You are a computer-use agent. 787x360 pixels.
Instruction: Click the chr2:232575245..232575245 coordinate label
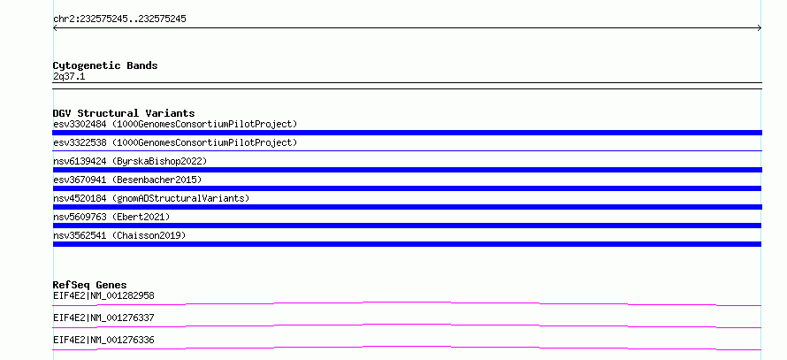119,19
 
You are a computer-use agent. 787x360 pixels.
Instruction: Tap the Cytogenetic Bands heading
105,65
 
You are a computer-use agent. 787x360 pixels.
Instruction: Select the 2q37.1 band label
69,76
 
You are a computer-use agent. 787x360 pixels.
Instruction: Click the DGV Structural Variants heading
124,113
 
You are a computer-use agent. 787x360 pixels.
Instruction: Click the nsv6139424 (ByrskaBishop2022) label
130,161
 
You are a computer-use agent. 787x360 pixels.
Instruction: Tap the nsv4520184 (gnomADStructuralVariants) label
151,198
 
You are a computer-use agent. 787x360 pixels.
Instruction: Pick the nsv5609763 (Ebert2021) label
111,217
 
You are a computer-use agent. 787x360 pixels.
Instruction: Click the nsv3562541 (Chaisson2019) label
119,235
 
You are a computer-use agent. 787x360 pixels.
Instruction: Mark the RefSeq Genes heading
90,285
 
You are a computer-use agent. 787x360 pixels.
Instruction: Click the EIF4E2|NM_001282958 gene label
103,295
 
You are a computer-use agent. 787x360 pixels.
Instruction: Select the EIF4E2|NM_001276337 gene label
103,318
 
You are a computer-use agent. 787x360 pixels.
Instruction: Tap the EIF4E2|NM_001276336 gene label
103,340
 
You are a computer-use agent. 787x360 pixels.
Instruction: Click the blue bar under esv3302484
407,133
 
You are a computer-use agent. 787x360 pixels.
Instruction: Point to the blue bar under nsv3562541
407,244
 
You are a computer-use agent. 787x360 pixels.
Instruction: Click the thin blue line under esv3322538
407,150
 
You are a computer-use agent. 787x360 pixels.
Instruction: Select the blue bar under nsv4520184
407,207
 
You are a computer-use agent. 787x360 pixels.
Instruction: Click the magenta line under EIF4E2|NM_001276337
407,325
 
